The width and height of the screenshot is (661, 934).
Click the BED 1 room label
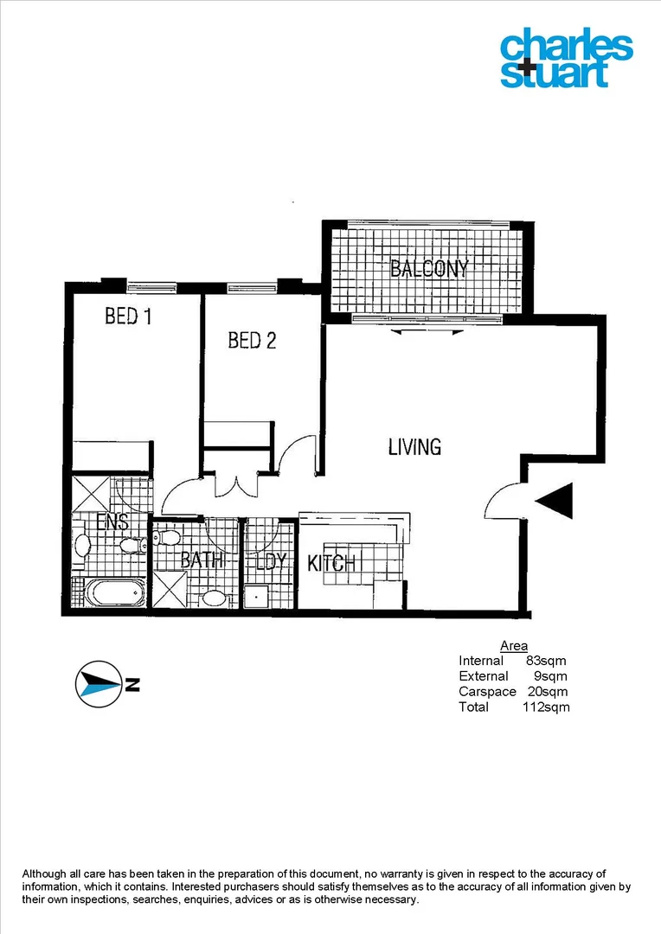[x=128, y=317]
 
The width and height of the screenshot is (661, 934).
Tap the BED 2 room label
[x=252, y=341]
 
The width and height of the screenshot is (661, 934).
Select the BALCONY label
[x=429, y=268]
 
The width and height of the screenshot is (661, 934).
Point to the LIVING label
[x=414, y=447]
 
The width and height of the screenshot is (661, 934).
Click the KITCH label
[x=331, y=564]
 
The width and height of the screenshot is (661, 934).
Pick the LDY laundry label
[x=270, y=562]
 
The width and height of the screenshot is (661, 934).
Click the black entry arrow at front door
[x=555, y=501]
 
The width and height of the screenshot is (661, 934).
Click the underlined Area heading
[x=514, y=646]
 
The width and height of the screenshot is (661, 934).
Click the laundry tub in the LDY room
[x=256, y=596]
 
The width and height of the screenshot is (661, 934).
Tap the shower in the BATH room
[x=169, y=592]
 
